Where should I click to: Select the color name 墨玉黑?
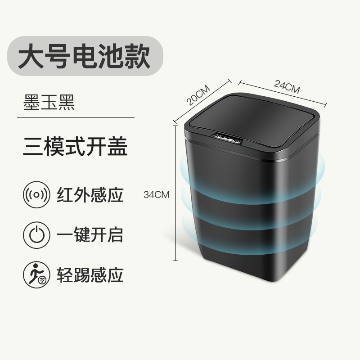click(x=49, y=102)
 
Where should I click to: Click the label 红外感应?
click(x=90, y=195)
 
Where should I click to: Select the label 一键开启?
click(x=90, y=235)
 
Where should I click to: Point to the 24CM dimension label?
click(x=286, y=86)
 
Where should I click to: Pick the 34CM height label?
click(x=156, y=195)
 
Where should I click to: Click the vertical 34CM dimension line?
click(x=175, y=193)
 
